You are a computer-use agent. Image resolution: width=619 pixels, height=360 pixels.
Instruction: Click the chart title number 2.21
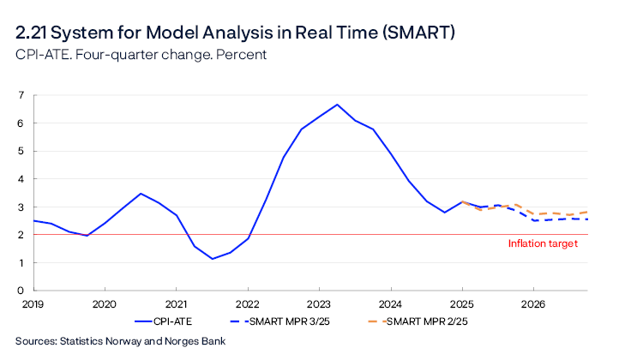pyautogui.click(x=34, y=33)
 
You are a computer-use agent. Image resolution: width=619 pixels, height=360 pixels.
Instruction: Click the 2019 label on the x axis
pyautogui.click(x=33, y=303)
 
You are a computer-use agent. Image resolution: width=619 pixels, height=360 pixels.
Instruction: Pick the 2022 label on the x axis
pyautogui.click(x=248, y=303)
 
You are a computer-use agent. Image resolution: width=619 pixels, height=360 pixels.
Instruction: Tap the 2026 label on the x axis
pyautogui.click(x=533, y=303)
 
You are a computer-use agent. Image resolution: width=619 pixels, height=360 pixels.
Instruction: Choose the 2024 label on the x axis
pyautogui.click(x=390, y=303)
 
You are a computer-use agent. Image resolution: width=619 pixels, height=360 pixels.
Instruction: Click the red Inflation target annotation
pyautogui.click(x=543, y=243)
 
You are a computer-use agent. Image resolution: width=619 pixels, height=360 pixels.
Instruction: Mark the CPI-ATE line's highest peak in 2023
pyautogui.click(x=337, y=105)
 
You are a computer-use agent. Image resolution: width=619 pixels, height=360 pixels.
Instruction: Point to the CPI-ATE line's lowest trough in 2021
pyautogui.click(x=212, y=259)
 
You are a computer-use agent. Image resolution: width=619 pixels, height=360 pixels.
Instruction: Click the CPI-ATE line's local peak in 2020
pyautogui.click(x=141, y=194)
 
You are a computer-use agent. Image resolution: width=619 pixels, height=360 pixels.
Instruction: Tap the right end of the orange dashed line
pyautogui.click(x=587, y=212)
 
